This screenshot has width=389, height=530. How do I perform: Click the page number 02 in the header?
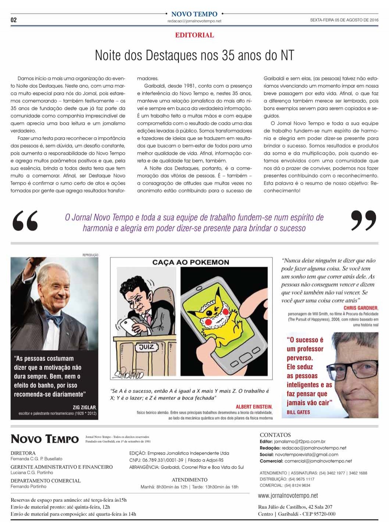(x=14, y=20)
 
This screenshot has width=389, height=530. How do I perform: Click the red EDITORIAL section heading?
(x=194, y=35)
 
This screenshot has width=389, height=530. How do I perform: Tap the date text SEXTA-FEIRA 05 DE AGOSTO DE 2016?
(x=344, y=20)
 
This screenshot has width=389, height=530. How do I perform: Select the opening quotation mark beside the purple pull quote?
(x=25, y=221)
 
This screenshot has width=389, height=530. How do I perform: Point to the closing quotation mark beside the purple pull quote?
(x=363, y=220)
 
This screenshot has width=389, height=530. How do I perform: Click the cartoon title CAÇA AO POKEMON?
(x=191, y=262)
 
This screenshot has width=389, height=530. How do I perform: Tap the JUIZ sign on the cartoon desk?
(x=146, y=347)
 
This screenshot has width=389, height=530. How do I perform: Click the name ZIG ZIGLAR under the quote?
(x=85, y=407)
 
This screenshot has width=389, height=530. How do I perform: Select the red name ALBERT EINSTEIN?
(x=254, y=407)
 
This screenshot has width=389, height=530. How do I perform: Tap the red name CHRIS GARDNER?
(x=361, y=308)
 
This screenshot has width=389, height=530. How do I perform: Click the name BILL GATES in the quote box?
(x=298, y=412)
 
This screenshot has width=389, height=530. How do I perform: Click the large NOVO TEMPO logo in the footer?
(x=44, y=439)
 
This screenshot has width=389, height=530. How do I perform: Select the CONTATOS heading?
(x=275, y=435)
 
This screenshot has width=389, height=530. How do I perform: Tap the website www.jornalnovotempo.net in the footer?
(x=288, y=496)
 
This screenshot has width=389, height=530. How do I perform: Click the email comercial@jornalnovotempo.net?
(x=318, y=461)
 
